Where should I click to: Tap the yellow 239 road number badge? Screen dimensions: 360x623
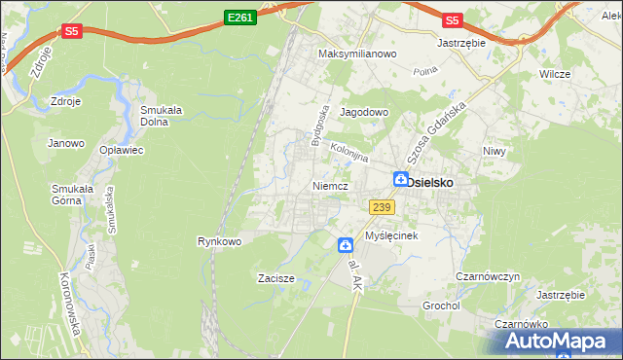(382, 206)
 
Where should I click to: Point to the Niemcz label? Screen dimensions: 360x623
(331, 185)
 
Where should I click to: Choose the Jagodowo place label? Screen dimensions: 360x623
(364, 112)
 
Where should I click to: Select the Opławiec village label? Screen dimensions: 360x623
(122, 151)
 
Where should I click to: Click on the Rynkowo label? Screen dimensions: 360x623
(219, 240)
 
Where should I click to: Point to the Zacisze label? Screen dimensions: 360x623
(275, 278)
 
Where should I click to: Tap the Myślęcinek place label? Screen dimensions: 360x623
(391, 236)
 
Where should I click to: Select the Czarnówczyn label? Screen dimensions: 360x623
(491, 276)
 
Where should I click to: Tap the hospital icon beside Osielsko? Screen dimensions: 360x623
(400, 179)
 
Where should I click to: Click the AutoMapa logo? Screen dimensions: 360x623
(558, 342)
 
